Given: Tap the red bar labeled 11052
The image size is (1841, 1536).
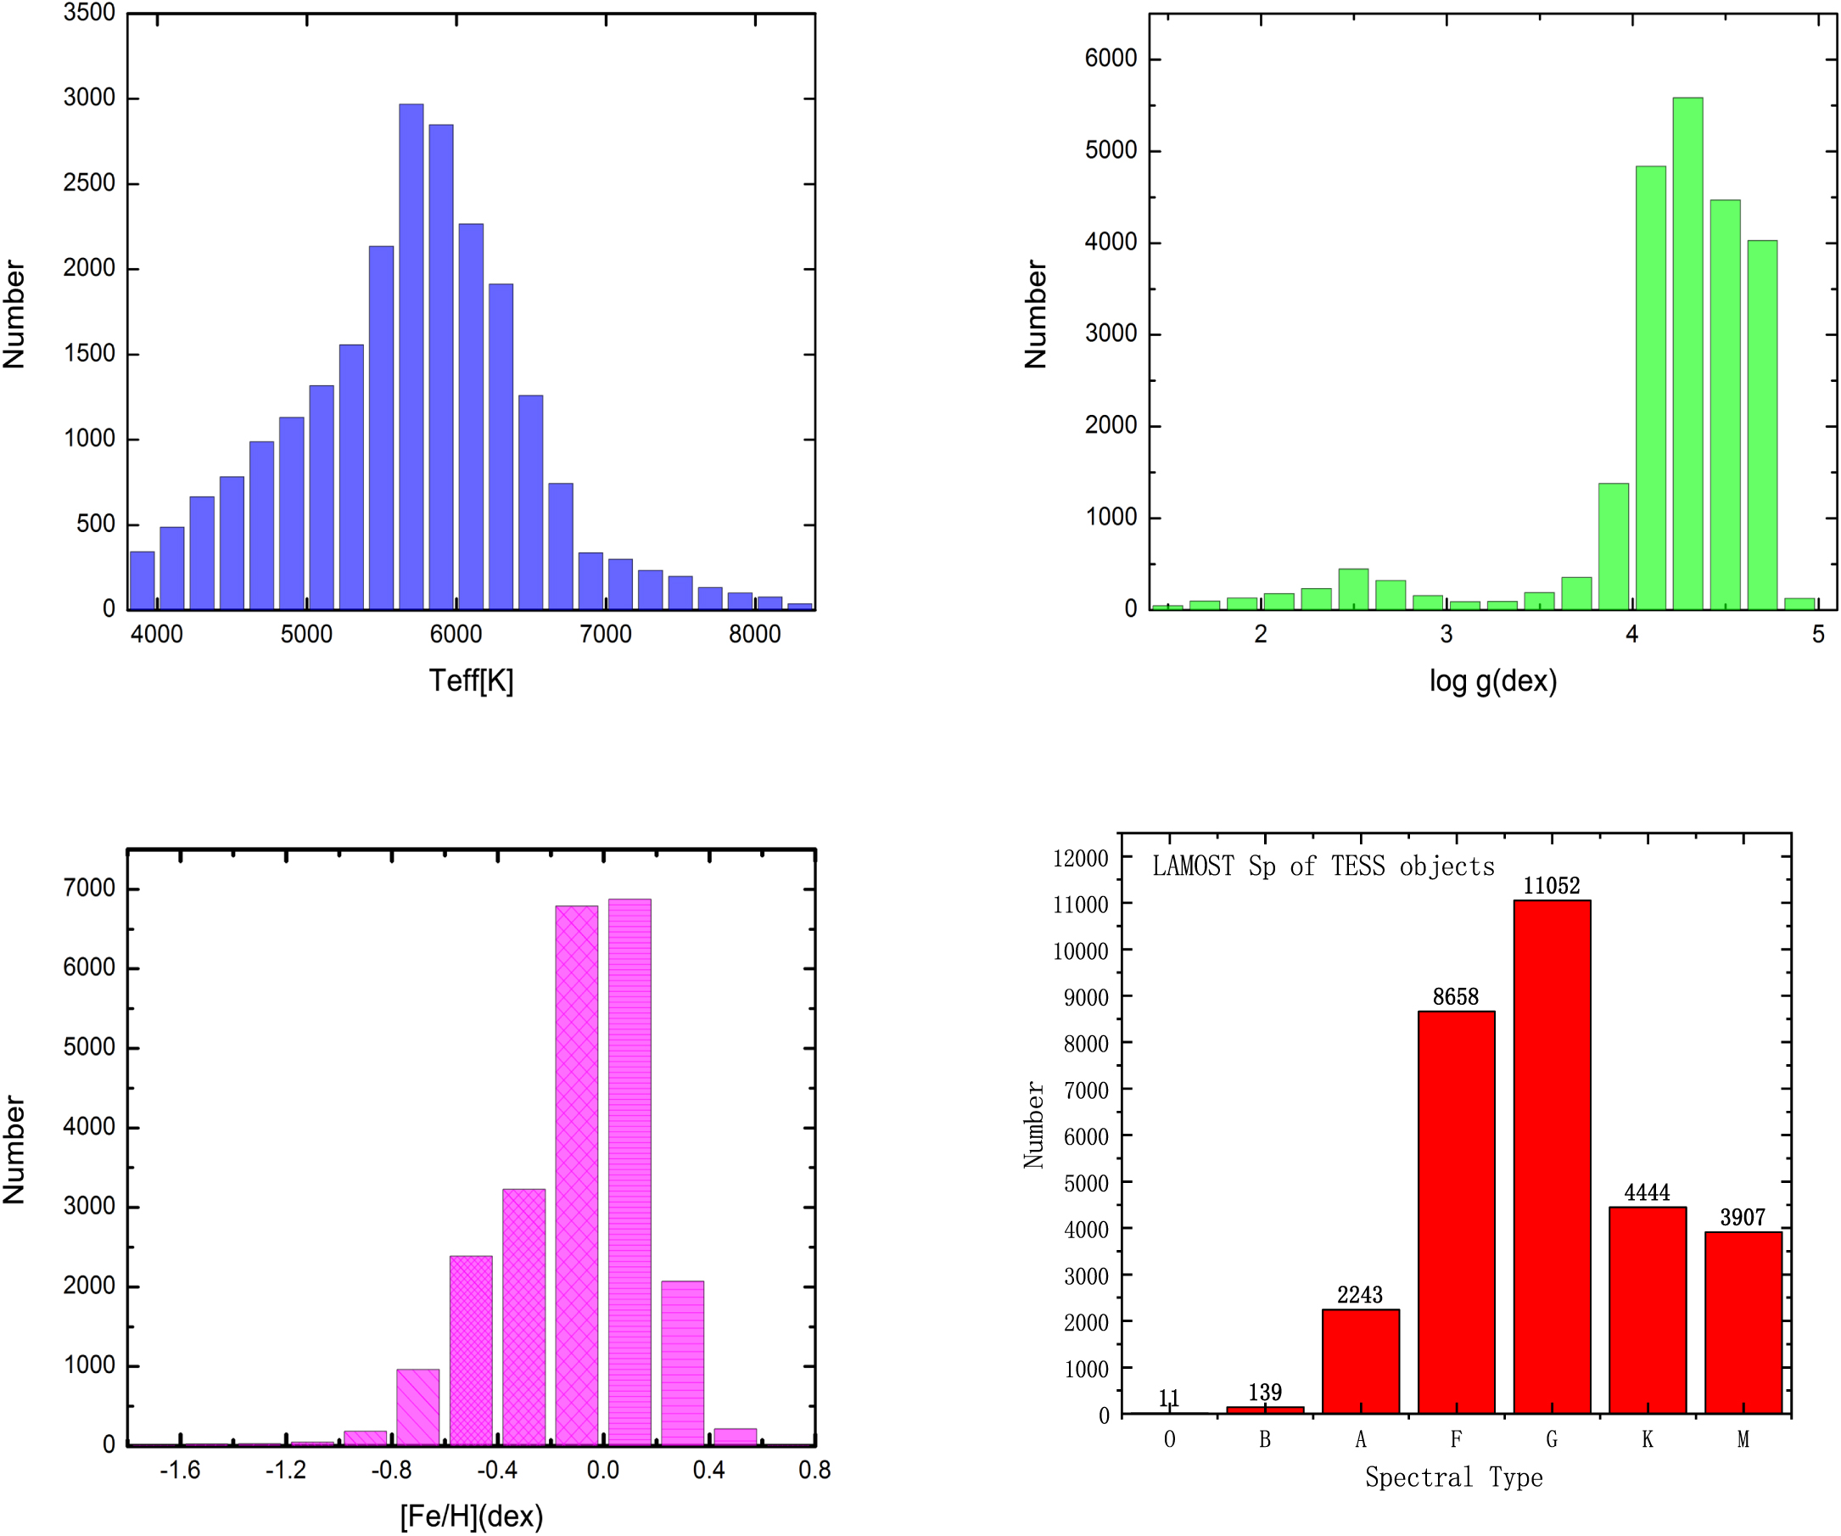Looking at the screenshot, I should click(x=1552, y=1158).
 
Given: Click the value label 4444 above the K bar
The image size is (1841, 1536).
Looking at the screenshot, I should click(x=1648, y=1192).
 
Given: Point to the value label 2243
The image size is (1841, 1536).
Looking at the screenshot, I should click(x=1360, y=1295).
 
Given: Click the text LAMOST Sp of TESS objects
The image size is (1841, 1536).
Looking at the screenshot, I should click(x=1323, y=867).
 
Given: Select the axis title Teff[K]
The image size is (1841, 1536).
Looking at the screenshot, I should click(x=471, y=681).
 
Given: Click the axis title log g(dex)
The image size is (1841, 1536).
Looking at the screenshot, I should click(x=1493, y=681).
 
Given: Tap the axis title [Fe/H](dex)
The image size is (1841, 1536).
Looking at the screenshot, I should click(x=471, y=1516).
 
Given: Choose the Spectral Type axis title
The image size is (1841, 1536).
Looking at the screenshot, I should click(x=1453, y=1477).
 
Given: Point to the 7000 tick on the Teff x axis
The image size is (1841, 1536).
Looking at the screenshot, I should click(x=605, y=634).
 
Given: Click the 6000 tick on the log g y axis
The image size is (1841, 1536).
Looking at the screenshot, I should click(x=1111, y=59).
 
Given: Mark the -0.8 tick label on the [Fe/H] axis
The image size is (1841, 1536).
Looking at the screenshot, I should click(x=391, y=1471).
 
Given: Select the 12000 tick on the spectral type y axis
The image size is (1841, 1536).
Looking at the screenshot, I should click(x=1080, y=858).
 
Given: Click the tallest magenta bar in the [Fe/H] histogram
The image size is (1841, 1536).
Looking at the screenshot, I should click(x=630, y=1172).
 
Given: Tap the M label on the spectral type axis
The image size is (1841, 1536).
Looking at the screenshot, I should click(x=1743, y=1439).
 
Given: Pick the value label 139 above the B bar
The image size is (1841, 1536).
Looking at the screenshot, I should click(x=1265, y=1393).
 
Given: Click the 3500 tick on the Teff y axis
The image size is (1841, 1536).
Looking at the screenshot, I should click(x=88, y=13).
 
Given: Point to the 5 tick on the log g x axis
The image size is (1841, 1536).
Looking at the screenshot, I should click(x=1818, y=634).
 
